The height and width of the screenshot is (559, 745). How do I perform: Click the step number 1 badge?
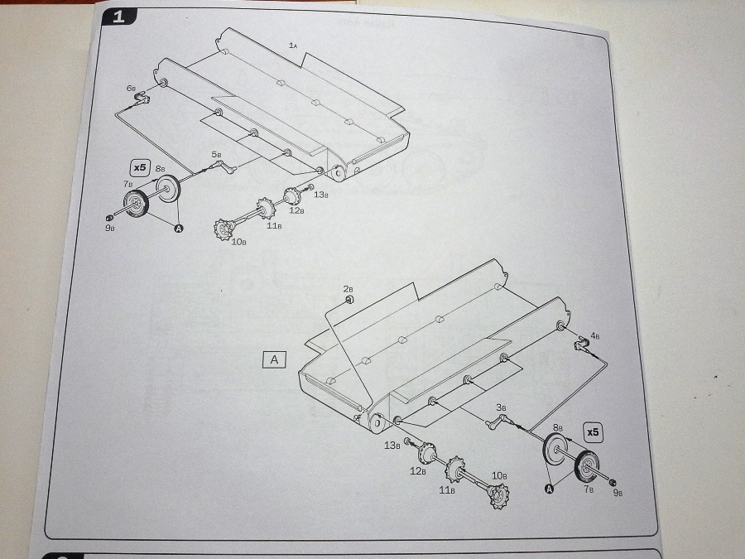pos(116,16)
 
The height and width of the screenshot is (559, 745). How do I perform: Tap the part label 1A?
pos(293,44)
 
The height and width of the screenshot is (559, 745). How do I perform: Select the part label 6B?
pos(131,87)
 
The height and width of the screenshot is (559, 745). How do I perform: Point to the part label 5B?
pos(216,154)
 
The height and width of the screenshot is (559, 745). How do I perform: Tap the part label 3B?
pos(501,407)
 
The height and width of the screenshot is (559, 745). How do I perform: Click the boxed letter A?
pos(274,359)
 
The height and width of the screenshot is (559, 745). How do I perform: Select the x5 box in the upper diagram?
pos(140,166)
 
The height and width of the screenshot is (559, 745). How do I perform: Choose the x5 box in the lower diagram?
pos(593,431)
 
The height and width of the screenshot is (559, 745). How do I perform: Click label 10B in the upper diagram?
pos(238,241)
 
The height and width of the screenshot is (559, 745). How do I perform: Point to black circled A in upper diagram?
pos(178,230)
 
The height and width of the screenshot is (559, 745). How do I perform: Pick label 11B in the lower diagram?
pos(447,490)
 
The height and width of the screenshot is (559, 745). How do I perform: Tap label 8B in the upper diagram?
pos(160,168)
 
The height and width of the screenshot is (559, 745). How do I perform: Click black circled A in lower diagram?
pos(547,489)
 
